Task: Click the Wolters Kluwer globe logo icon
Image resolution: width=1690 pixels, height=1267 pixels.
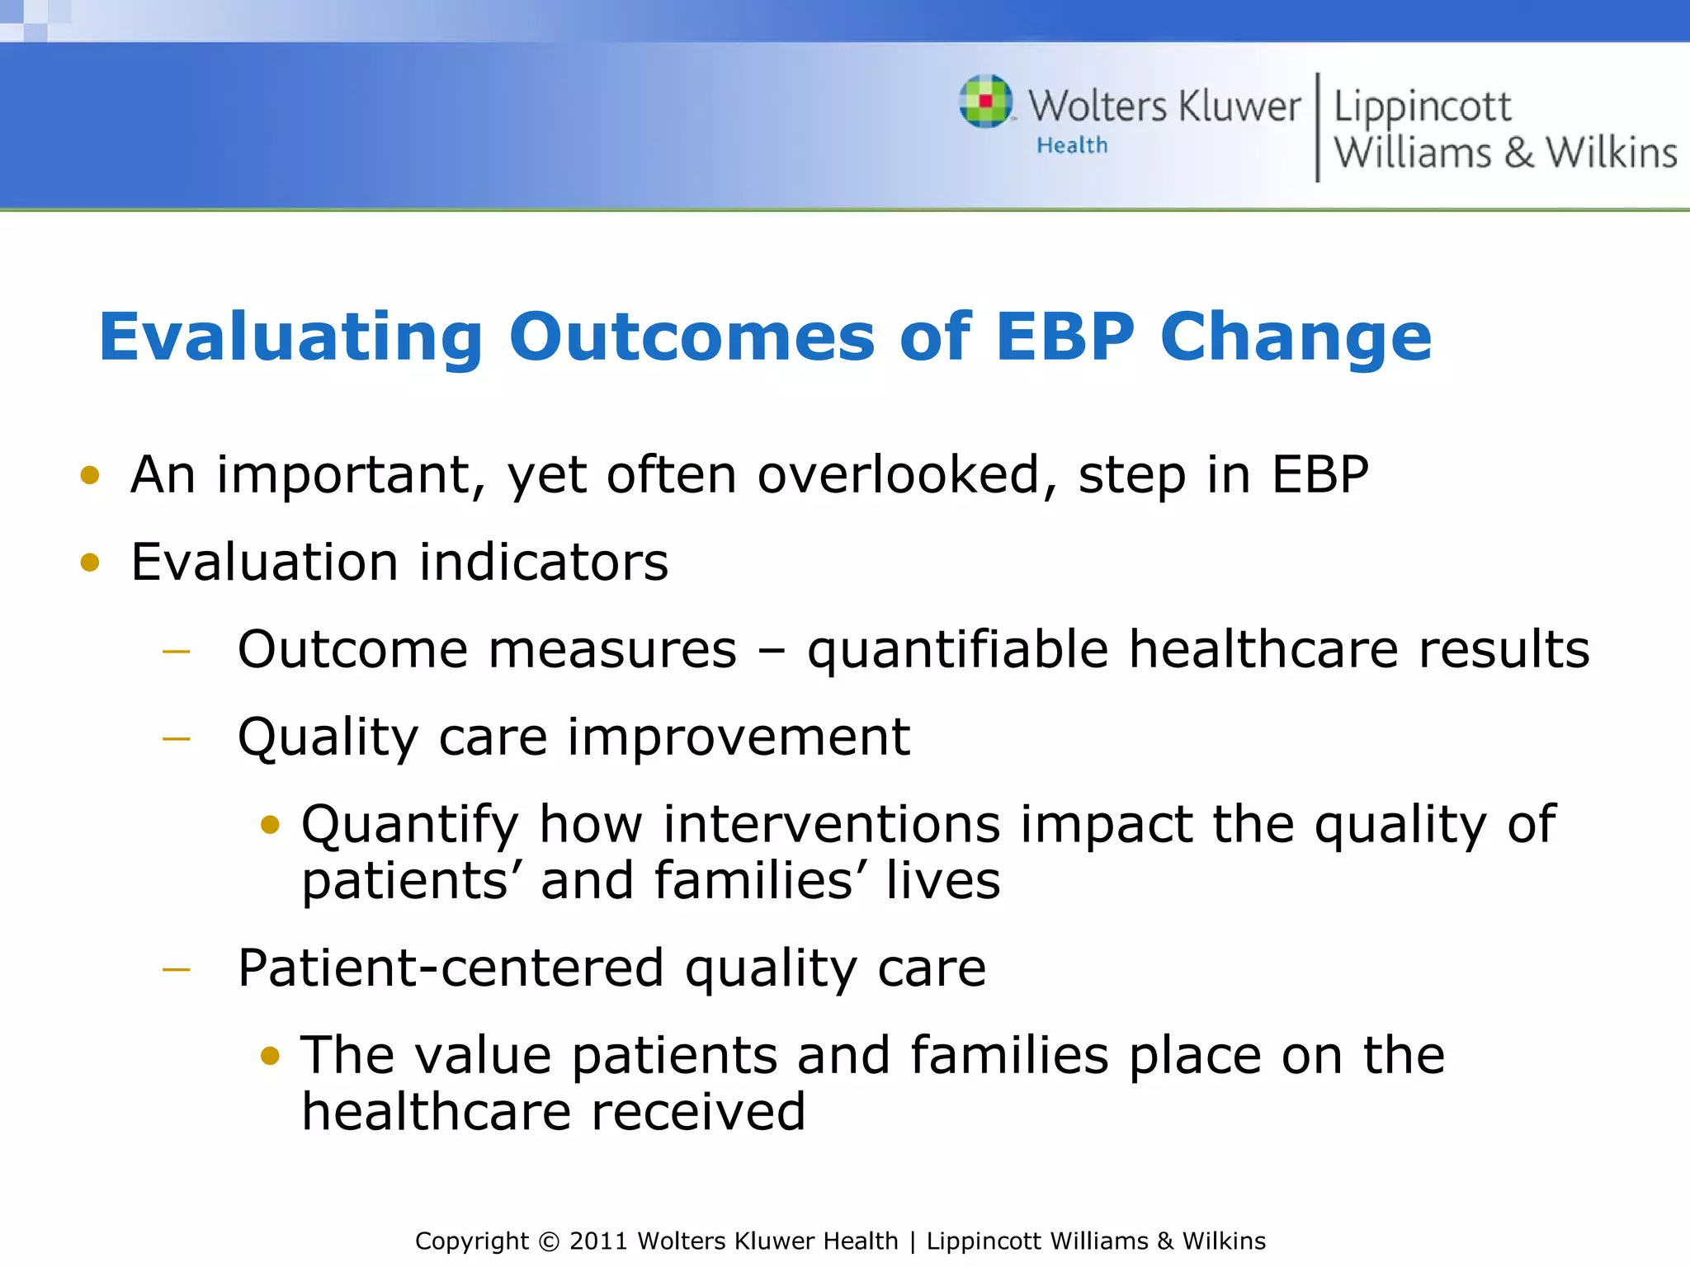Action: (986, 101)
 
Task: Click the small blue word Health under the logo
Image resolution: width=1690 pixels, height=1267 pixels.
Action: (1072, 146)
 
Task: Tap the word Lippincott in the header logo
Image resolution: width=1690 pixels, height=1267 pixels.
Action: (1422, 107)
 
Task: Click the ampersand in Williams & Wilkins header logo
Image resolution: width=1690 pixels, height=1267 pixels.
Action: (1518, 153)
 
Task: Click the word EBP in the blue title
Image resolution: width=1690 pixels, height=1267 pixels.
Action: (1065, 337)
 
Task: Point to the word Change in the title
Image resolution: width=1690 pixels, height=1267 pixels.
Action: (1296, 338)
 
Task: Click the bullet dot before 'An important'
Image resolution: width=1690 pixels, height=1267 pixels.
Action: (90, 476)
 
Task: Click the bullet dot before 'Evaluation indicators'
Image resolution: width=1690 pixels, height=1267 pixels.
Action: (90, 563)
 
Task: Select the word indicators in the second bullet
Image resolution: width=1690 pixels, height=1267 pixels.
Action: (544, 563)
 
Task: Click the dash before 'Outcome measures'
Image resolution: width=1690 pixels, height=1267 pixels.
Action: (177, 652)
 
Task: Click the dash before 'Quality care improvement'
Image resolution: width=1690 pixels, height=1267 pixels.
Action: (177, 739)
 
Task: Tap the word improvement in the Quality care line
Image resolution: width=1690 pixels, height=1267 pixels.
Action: (739, 737)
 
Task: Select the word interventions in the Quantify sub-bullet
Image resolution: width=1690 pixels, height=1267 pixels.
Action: (831, 825)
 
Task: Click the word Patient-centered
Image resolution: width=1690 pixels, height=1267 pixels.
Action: (451, 968)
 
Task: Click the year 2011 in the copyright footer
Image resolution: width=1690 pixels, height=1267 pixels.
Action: (599, 1241)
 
